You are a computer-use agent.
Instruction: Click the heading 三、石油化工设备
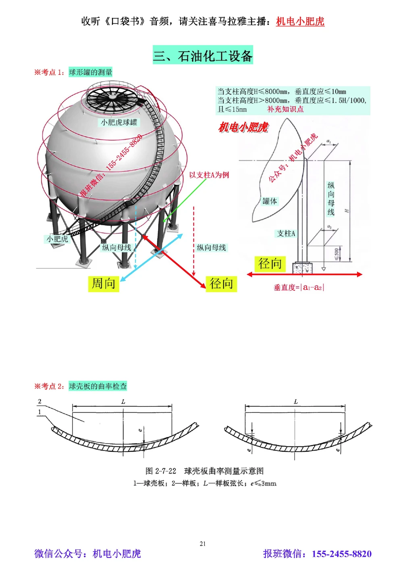point(203,55)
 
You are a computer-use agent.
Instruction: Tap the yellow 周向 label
point(104,283)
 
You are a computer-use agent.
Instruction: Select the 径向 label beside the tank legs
point(221,283)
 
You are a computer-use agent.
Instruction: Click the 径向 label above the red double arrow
point(270,264)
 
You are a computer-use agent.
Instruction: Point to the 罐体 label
point(270,201)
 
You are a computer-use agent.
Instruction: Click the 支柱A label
point(286,233)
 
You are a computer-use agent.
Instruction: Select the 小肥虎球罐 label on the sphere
point(119,122)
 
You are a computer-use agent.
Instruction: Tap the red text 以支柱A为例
point(209,175)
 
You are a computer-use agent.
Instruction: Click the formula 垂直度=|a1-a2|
point(299,287)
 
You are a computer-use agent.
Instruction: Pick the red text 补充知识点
point(285,109)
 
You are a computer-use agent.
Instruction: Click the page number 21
point(203,544)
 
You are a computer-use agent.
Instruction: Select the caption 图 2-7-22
point(161,471)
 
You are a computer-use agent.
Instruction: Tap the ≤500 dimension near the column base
point(337,253)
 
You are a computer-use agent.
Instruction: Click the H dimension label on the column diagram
point(347,210)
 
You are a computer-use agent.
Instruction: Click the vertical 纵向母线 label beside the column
point(331,199)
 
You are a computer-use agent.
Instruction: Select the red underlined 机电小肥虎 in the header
point(300,21)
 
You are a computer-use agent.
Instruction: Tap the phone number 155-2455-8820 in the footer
point(341,554)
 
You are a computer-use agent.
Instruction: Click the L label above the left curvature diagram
point(123,402)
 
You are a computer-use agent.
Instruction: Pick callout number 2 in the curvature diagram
point(39,402)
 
